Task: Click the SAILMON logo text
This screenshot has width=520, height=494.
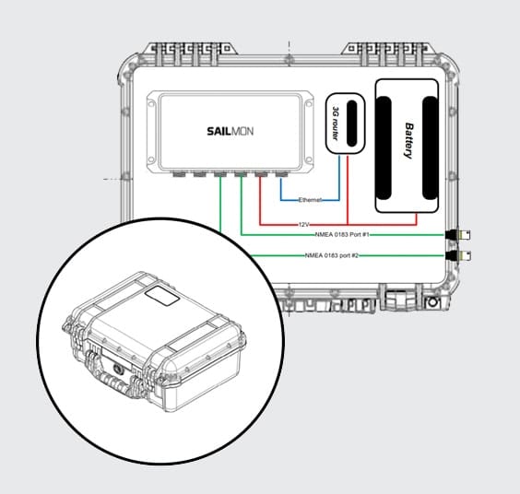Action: (230, 131)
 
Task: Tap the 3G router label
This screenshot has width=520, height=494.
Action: (336, 123)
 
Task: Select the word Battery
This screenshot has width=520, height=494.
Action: (409, 141)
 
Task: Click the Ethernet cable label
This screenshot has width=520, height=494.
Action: (310, 200)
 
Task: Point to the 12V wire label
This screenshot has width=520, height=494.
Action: (304, 225)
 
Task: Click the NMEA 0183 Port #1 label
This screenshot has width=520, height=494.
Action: (342, 234)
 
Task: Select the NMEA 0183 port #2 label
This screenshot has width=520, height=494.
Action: (332, 255)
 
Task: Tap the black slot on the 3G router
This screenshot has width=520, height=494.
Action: (352, 123)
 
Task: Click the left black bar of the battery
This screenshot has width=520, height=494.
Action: (384, 147)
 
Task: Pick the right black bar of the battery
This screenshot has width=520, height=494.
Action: (430, 147)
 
